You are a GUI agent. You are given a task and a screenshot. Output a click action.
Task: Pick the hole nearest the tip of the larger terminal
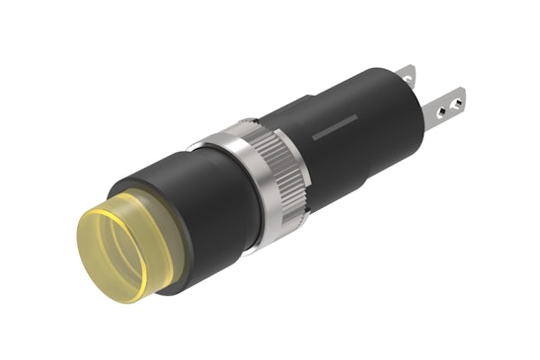(457, 98)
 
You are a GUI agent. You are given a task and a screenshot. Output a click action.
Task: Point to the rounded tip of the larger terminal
(465, 96)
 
